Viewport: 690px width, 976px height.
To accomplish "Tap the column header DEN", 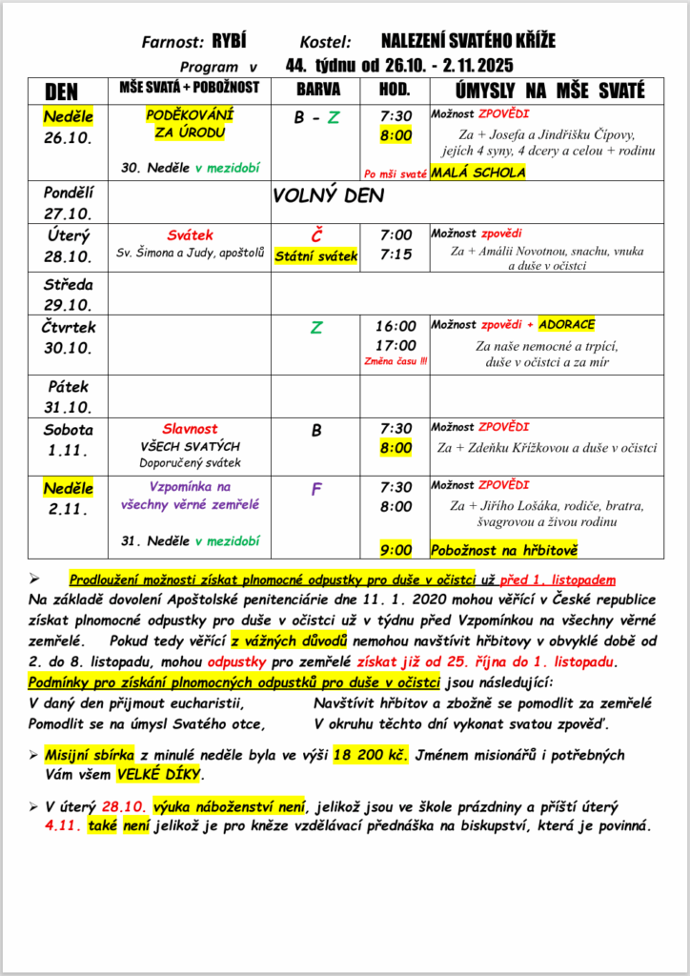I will coord(62,91).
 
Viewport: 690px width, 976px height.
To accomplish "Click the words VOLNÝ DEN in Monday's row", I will coord(328,195).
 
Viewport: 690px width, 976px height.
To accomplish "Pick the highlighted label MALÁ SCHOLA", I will coord(477,173).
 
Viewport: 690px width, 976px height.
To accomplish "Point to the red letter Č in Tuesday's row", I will coord(316,235).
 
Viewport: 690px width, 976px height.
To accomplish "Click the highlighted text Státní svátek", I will coord(315,255).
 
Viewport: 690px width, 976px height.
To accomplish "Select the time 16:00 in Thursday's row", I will coord(396,327).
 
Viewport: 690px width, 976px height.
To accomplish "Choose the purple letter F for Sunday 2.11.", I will coord(316,490).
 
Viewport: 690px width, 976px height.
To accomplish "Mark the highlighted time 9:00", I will coord(396,550).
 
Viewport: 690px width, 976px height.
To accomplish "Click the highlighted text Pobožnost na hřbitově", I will coord(504,550).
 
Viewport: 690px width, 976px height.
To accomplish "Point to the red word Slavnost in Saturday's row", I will coord(191,429).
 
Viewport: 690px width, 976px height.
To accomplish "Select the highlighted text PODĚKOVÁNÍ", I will coord(190,114).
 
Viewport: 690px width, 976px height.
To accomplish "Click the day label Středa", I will coord(68,283).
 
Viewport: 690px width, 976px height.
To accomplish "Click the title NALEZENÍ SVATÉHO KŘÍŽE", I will coord(467,41).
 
